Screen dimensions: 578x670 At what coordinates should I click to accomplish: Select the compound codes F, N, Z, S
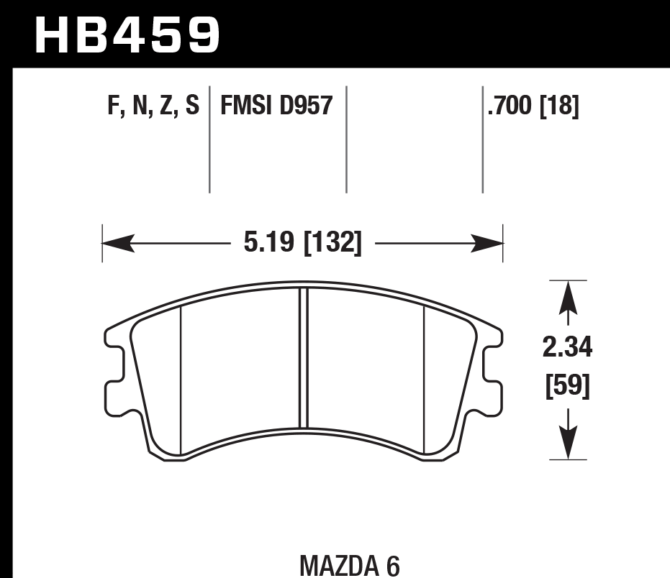pos(153,106)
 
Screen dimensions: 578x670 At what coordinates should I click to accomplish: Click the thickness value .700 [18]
pos(533,106)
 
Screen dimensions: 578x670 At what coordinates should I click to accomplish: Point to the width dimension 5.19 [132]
pos(302,243)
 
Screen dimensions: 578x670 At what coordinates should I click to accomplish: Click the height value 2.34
pos(569,349)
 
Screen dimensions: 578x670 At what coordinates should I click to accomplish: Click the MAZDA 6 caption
pos(350,565)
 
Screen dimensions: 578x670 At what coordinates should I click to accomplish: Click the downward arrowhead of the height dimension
pos(569,444)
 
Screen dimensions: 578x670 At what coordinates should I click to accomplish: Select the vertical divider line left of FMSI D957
pos(209,140)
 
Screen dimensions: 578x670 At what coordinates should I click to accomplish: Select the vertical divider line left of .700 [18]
pos(482,140)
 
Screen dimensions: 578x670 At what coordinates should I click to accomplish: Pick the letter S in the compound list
pos(191,106)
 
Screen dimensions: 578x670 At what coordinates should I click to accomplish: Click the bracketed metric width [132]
pos(332,243)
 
